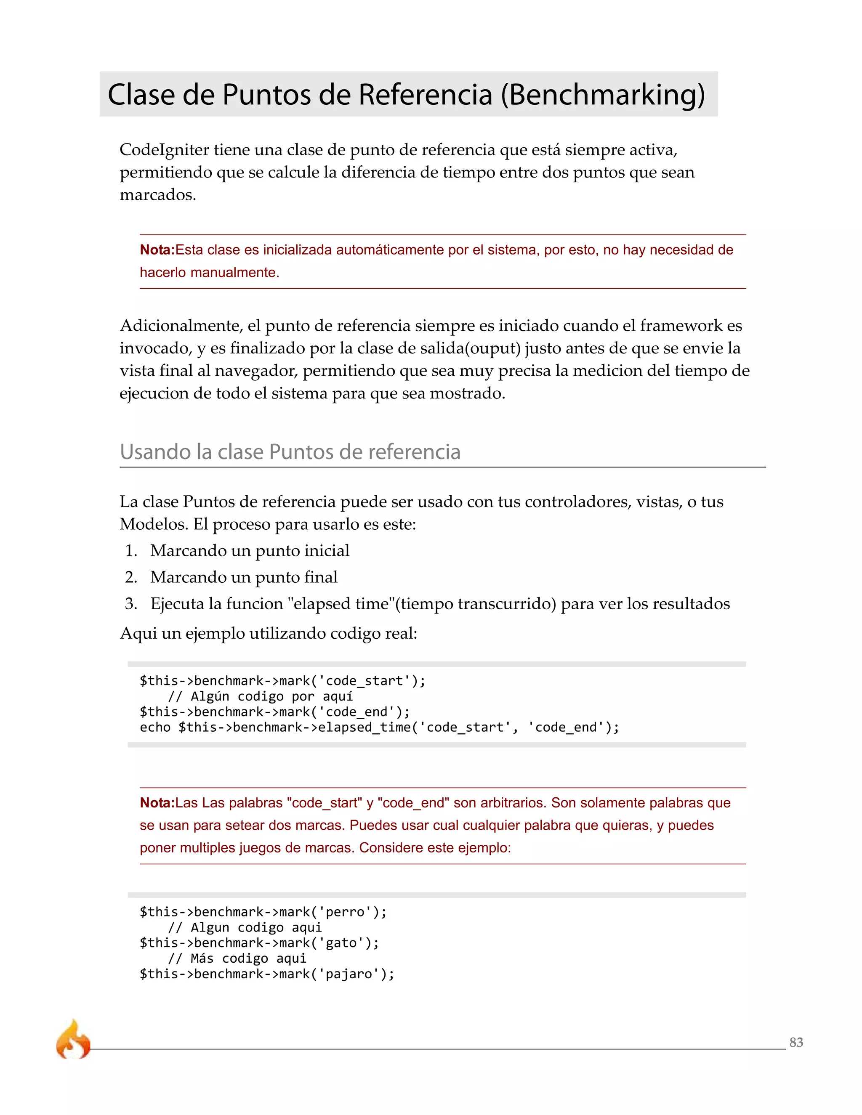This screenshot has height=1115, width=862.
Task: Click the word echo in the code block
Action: [155, 727]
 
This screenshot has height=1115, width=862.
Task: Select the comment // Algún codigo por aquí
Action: [260, 696]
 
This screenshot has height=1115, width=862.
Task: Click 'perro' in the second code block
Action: [345, 912]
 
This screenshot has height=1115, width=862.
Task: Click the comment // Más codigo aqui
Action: [237, 958]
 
